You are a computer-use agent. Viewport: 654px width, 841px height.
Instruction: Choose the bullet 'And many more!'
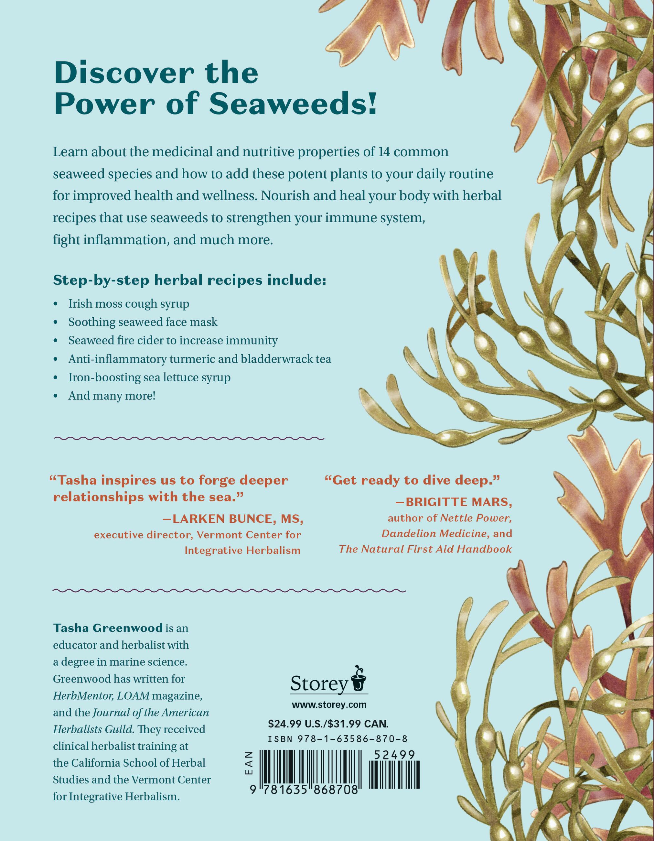(112, 396)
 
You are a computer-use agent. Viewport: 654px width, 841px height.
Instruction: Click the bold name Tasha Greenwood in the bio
(108, 628)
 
